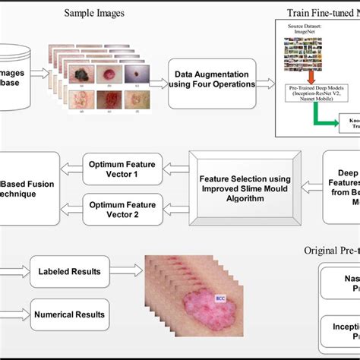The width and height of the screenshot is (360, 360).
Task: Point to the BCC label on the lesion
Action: tap(219, 298)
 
